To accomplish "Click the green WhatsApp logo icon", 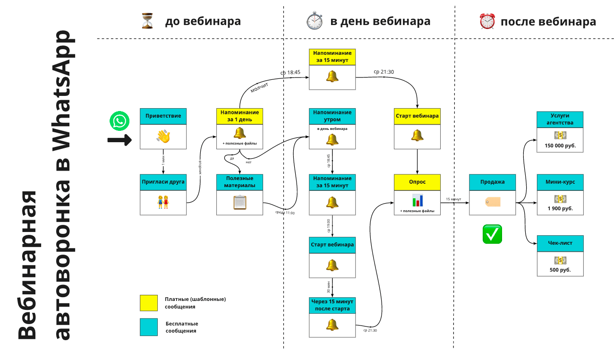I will click(119, 121).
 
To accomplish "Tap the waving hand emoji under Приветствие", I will click(163, 137).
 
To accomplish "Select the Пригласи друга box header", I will click(163, 182).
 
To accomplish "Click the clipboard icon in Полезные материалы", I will click(239, 202).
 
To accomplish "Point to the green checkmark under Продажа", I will click(492, 234).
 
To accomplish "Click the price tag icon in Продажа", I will click(492, 202).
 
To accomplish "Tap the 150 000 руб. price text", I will click(560, 146).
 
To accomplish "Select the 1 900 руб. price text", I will click(560, 208).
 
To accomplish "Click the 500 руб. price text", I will click(560, 270).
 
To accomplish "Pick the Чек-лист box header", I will click(560, 243).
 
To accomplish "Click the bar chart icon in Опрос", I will click(417, 200).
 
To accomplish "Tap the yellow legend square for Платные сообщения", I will click(149, 303).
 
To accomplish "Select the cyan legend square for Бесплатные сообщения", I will click(149, 327).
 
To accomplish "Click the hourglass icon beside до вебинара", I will click(147, 21).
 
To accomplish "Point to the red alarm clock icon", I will click(487, 21).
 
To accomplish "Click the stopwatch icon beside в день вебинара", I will click(314, 21).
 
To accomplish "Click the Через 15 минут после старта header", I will click(332, 305).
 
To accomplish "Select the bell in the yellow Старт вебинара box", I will click(417, 136).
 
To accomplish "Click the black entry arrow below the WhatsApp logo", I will click(119, 139).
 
